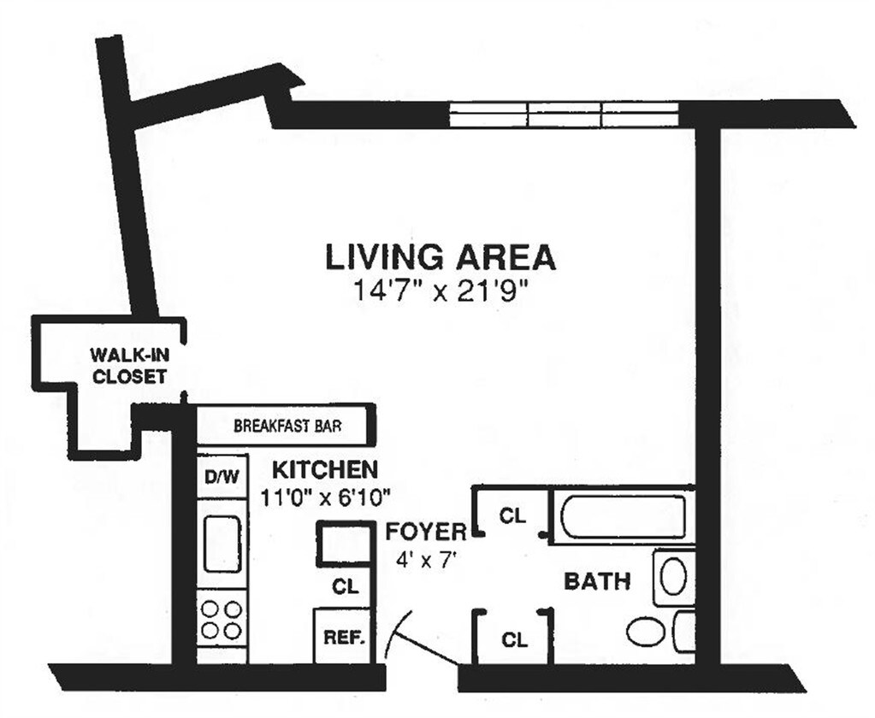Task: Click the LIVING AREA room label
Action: (x=440, y=256)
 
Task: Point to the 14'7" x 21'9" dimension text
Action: (x=440, y=291)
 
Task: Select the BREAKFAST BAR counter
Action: (x=287, y=425)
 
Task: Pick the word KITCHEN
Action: (x=324, y=469)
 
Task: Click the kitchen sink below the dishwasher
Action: (x=222, y=544)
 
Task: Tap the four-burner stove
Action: (x=222, y=621)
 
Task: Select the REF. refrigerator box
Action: (x=344, y=637)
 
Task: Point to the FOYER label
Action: (x=426, y=532)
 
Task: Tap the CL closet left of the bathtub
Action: (x=511, y=515)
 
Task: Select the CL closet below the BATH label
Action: (x=514, y=639)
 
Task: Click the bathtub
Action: (x=624, y=515)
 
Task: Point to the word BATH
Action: (x=597, y=582)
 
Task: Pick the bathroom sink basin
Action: (x=673, y=576)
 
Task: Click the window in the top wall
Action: (x=565, y=114)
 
